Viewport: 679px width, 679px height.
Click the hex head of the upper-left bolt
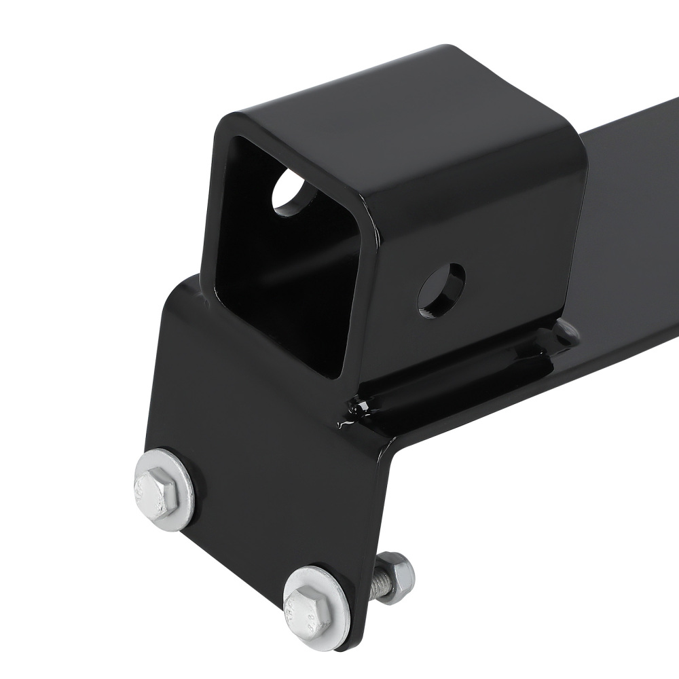pyautogui.click(x=157, y=488)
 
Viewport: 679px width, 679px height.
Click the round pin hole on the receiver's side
pyautogui.click(x=441, y=290)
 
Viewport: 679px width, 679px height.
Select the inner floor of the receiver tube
pyautogui.click(x=285, y=326)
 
